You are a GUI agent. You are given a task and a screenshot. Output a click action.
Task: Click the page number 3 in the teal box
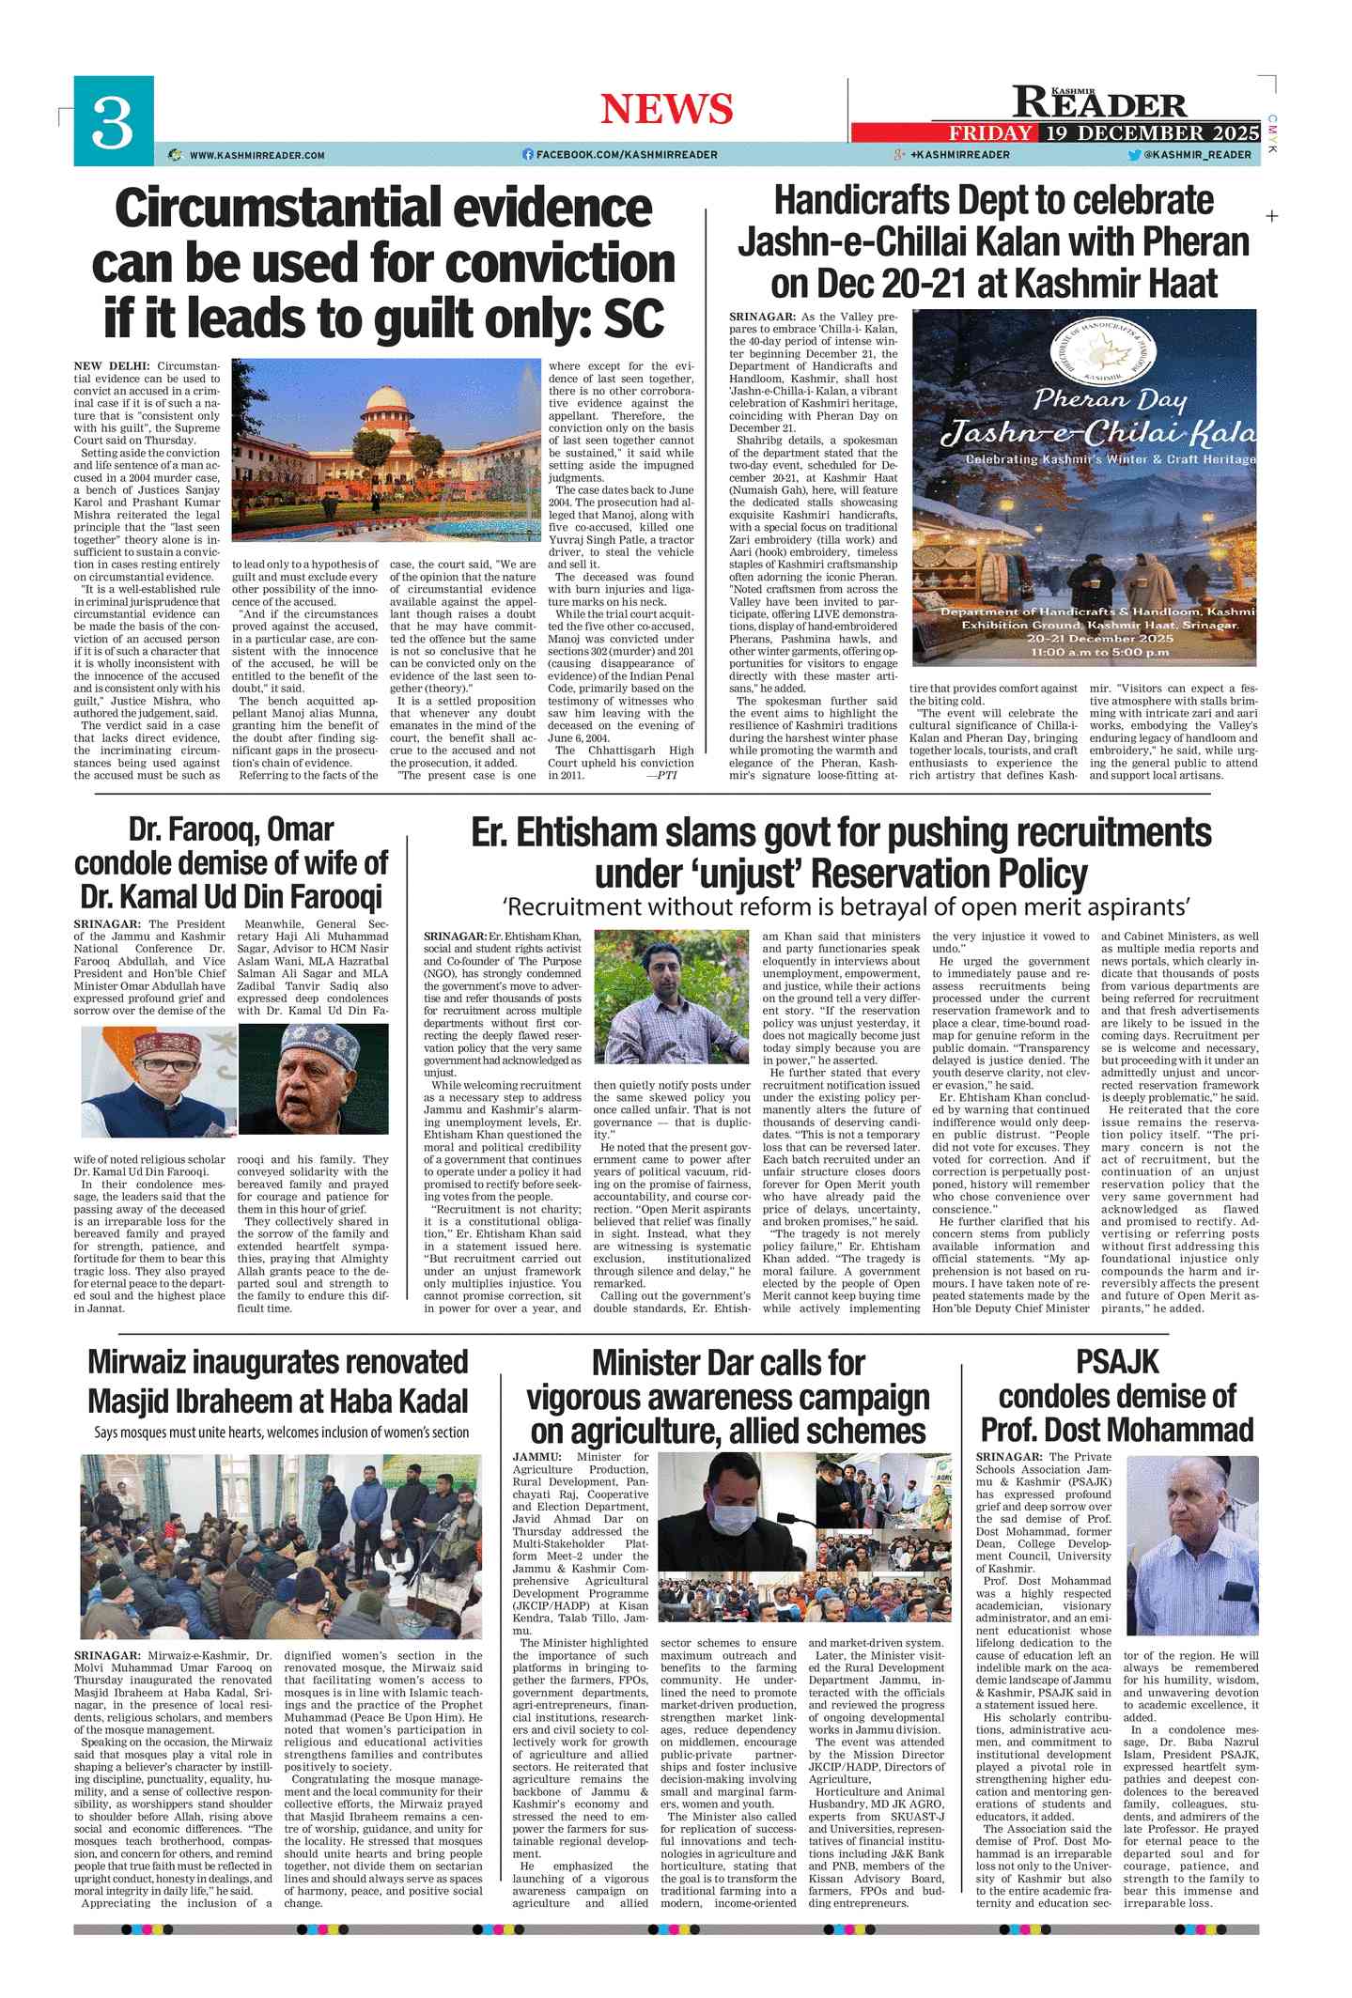pyautogui.click(x=113, y=121)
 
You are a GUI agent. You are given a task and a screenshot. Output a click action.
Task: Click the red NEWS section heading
pyautogui.click(x=666, y=109)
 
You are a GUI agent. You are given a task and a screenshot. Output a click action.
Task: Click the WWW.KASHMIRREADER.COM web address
pyautogui.click(x=256, y=155)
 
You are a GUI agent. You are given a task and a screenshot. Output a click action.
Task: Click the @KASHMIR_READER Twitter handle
pyautogui.click(x=1198, y=155)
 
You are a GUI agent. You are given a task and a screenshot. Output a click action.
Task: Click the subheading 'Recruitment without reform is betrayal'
pyautogui.click(x=846, y=906)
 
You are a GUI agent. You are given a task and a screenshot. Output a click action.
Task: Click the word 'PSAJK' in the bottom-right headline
pyautogui.click(x=1117, y=1362)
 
